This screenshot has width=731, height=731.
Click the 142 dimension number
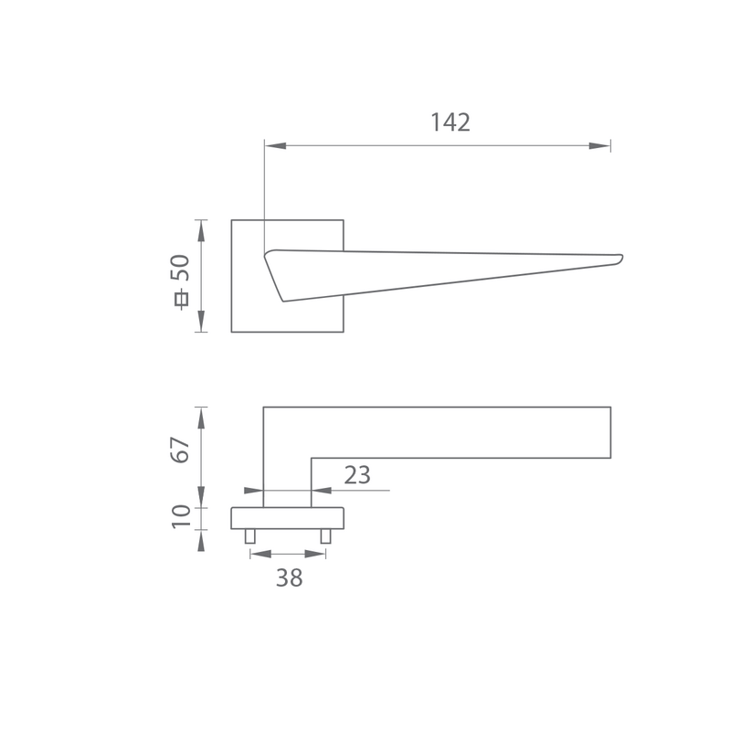coord(450,122)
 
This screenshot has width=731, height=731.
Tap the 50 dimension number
coord(181,268)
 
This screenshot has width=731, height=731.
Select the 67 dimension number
coord(180,450)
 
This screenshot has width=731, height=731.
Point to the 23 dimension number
coord(357,475)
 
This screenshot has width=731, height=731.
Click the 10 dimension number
coord(181,516)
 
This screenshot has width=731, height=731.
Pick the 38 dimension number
coord(289,578)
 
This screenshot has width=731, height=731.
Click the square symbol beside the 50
coord(181,300)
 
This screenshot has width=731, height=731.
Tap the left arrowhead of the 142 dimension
coord(276,146)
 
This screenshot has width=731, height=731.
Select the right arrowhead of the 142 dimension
coord(599,146)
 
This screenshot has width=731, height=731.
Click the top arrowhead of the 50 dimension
coord(201,231)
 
